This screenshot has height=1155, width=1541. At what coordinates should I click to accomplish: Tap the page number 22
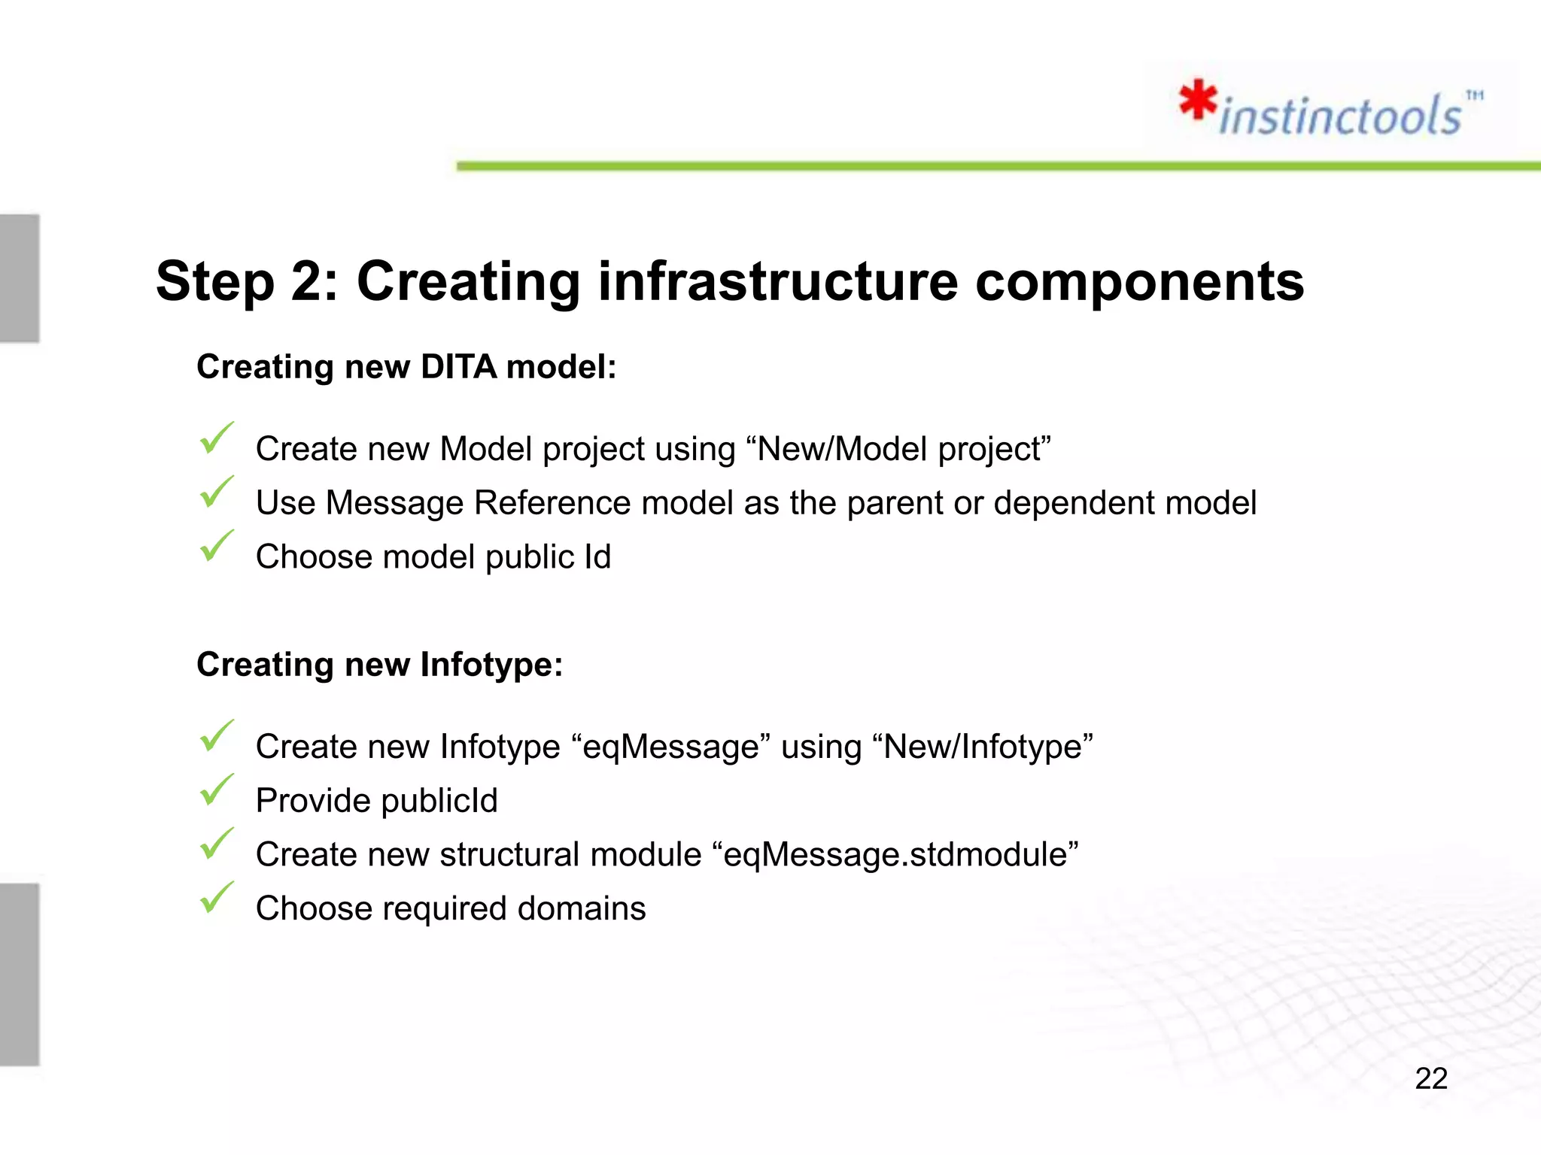(1430, 1078)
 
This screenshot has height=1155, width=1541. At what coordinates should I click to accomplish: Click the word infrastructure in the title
(777, 281)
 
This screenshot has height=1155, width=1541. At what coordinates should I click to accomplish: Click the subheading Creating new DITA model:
(406, 367)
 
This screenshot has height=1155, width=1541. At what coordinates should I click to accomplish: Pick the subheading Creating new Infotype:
(379, 665)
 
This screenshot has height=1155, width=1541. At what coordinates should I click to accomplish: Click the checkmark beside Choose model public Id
(217, 546)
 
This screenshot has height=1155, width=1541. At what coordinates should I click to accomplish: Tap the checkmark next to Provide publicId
(217, 790)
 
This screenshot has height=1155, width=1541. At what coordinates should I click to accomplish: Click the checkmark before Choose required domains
(217, 898)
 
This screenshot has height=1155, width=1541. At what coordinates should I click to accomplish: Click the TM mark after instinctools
(1474, 95)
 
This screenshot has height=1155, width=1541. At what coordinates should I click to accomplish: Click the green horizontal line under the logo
(978, 165)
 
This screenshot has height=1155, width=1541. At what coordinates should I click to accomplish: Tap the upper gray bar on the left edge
(20, 278)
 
